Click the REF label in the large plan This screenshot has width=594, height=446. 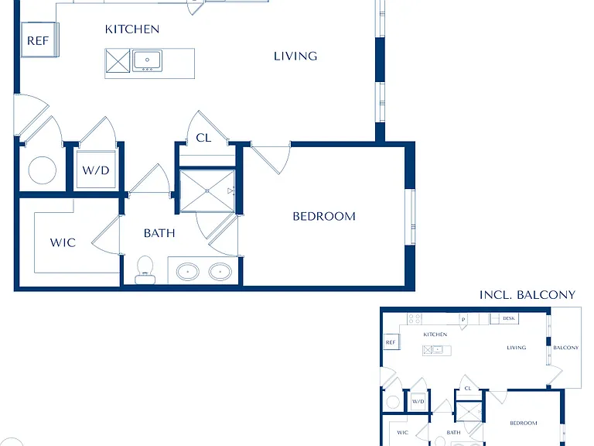point(38,40)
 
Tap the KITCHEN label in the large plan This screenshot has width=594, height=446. point(131,29)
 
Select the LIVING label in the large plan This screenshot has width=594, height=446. point(295,56)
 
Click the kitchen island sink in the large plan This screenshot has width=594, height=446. point(148,60)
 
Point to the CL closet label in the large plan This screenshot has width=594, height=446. point(203,138)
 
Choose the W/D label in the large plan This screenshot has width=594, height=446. point(96,170)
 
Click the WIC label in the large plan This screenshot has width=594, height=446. point(63,242)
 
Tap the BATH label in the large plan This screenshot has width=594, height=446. point(159,233)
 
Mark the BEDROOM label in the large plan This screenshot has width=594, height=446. point(324,216)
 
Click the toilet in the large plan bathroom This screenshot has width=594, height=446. point(145,269)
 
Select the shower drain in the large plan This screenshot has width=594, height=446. point(207,191)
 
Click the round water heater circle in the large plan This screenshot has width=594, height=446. point(43,170)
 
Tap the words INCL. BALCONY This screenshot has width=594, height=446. point(527,295)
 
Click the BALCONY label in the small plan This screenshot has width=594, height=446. point(565,348)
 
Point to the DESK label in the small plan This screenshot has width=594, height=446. point(509,318)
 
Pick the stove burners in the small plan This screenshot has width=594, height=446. point(415,318)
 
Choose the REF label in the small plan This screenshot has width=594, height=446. point(391,342)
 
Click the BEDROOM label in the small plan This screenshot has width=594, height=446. point(524,423)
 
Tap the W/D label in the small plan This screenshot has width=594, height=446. point(418,401)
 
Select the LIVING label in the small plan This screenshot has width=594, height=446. point(517,348)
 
